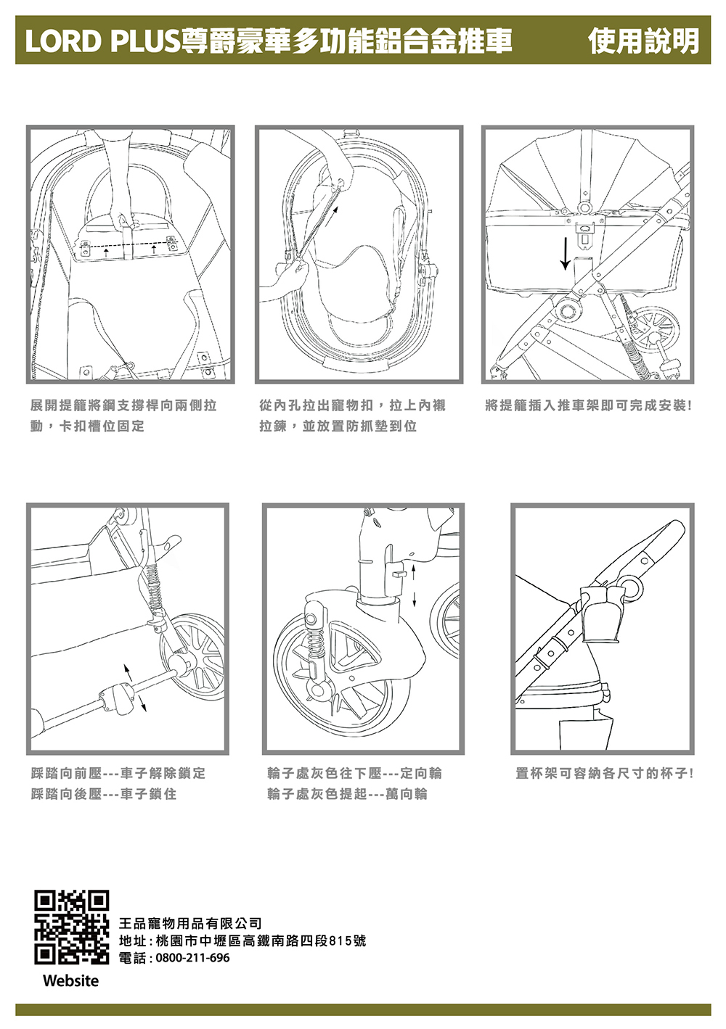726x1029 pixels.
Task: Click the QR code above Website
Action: (x=72, y=927)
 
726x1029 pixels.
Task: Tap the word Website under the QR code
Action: (x=70, y=981)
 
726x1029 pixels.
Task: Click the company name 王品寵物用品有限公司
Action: (x=190, y=923)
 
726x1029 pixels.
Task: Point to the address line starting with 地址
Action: (x=242, y=941)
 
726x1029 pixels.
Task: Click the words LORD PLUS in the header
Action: (x=102, y=41)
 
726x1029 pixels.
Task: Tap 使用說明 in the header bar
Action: (x=643, y=41)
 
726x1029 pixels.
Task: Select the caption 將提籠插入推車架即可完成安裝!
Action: (x=589, y=405)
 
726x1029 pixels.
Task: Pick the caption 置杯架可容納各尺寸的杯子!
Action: (x=604, y=774)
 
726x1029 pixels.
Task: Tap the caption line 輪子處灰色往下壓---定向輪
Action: (x=354, y=774)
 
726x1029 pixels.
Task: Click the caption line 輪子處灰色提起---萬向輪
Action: (x=347, y=794)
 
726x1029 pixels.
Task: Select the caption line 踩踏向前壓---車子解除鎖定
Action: (x=118, y=774)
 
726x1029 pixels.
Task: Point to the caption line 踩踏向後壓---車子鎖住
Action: (x=104, y=794)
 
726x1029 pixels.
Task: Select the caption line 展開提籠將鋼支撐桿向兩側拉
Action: (x=123, y=405)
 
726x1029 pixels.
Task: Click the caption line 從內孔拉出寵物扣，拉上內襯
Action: (x=352, y=405)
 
